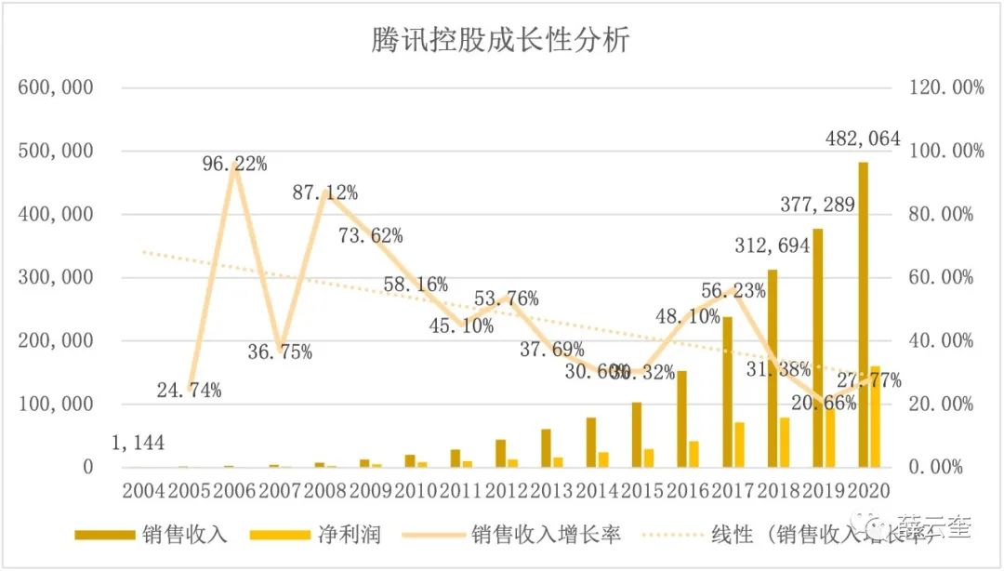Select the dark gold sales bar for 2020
(x=863, y=316)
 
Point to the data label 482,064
(x=863, y=139)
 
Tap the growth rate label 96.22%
(x=235, y=164)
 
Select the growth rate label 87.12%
(x=325, y=193)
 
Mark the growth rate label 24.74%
(x=190, y=390)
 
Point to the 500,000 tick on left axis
(x=56, y=151)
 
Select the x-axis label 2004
(x=143, y=490)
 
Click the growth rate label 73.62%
(x=371, y=235)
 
